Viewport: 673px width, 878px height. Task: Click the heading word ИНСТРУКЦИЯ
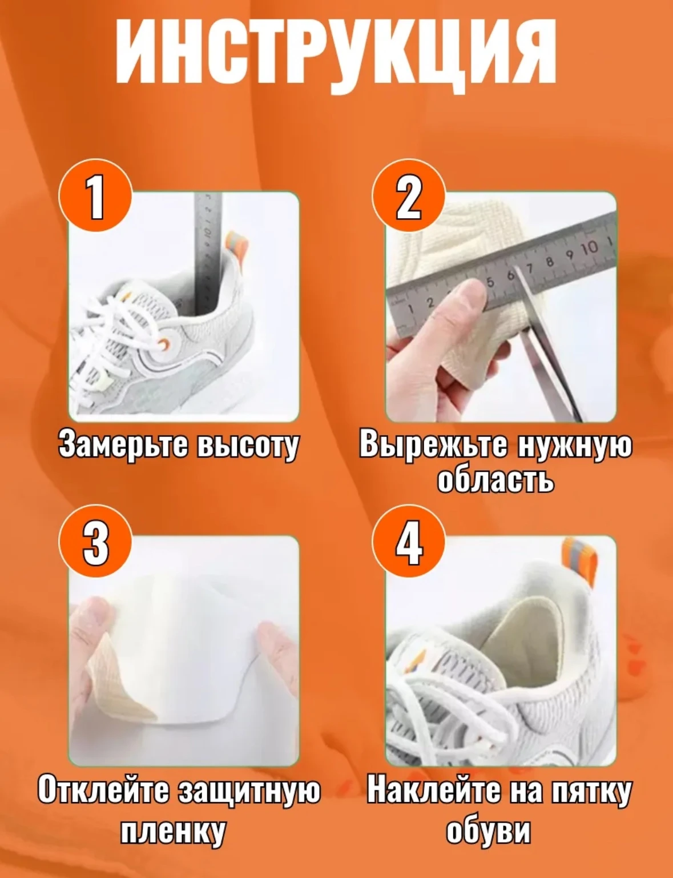coord(336,55)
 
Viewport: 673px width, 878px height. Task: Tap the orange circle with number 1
coord(96,196)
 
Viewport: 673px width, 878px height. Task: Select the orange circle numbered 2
coord(408,196)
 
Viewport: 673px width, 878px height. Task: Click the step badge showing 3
coord(96,542)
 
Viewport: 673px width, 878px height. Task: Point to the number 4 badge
coord(408,542)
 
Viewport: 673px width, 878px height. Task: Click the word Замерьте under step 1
coord(123,445)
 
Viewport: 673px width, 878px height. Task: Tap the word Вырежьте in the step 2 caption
coord(433,445)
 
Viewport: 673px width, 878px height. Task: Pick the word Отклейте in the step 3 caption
coord(103,791)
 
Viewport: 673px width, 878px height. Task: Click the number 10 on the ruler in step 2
coord(589,247)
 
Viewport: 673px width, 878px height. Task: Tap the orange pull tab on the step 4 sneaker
coord(579,563)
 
